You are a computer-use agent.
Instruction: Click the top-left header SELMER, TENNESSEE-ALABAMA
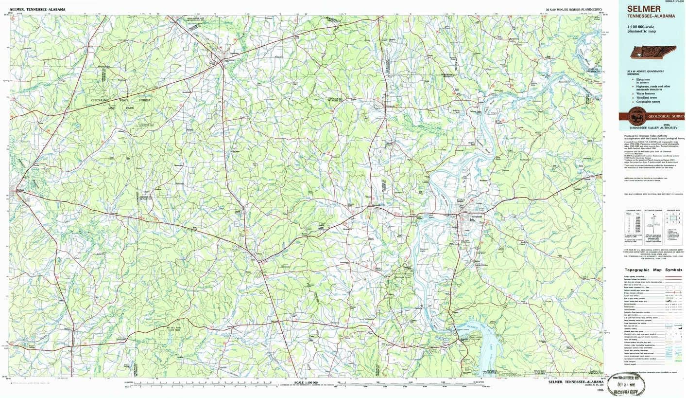pos(37,9)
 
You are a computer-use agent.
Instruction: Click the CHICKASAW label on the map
pos(102,100)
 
